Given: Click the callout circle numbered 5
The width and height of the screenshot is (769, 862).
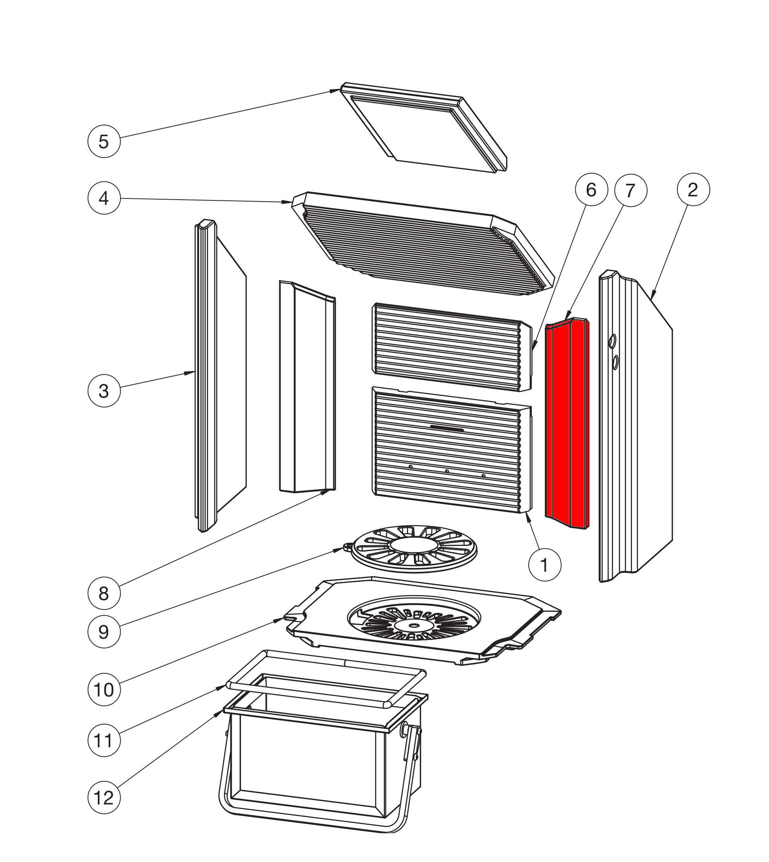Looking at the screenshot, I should click(104, 142).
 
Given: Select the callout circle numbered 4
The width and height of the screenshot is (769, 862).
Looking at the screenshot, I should click(104, 198).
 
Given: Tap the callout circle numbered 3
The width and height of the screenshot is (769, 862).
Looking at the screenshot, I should click(104, 391).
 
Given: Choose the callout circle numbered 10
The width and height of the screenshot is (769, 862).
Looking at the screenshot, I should click(104, 689).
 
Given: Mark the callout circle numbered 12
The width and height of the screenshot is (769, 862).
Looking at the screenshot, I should click(104, 798).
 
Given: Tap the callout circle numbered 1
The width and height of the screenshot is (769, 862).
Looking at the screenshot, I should click(545, 565).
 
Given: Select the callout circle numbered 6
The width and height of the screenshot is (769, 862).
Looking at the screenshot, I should click(591, 190).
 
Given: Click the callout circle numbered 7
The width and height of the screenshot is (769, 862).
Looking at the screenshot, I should click(631, 191).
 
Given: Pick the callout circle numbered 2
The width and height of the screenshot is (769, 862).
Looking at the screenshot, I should click(693, 190).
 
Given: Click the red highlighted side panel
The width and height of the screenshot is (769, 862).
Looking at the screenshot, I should click(566, 422).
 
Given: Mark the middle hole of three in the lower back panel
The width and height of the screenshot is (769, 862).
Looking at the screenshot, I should click(447, 471).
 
